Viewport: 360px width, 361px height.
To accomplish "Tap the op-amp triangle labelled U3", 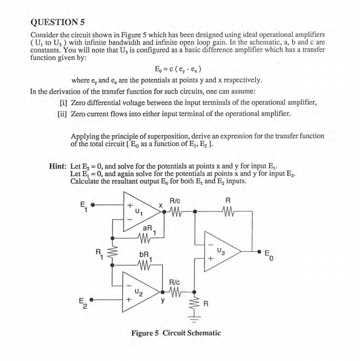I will [x=221, y=251].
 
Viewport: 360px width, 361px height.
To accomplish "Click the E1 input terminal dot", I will [x=93, y=205].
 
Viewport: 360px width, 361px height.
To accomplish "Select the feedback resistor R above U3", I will [x=228, y=212].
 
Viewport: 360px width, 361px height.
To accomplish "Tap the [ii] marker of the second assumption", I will [x=61, y=114].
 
